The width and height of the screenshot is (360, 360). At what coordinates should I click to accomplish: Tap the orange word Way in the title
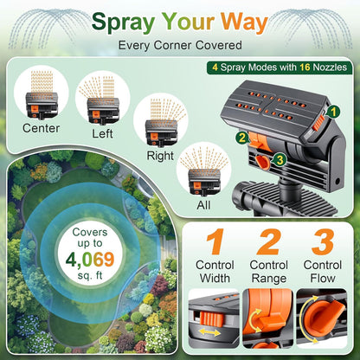tap(244, 23)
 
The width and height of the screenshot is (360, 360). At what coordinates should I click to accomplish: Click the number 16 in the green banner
tap(305, 67)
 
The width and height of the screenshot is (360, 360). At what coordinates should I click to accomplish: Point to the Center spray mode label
tap(42, 128)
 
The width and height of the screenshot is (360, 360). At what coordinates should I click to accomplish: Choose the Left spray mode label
tap(102, 133)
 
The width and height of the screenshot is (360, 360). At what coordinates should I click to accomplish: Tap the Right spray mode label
tap(160, 156)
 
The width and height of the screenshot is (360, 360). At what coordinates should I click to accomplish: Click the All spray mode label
tap(203, 205)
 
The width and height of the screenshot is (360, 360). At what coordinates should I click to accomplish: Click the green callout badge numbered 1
tap(333, 112)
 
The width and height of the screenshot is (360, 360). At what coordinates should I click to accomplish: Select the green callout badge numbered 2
tap(242, 138)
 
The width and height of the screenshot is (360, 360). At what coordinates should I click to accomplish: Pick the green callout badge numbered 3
tap(280, 160)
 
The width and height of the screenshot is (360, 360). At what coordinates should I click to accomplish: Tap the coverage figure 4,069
tap(90, 260)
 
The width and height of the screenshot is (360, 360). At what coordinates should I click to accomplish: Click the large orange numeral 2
tap(269, 241)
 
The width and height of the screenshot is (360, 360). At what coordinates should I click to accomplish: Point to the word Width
tap(215, 279)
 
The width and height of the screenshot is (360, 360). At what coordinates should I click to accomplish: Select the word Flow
tap(323, 279)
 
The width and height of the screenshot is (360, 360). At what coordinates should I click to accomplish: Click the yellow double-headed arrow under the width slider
tap(210, 332)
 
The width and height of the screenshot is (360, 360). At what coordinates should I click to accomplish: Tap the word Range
tap(269, 279)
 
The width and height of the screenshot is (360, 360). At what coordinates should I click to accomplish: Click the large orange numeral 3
tap(323, 241)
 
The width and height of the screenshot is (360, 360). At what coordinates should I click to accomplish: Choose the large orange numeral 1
tap(215, 241)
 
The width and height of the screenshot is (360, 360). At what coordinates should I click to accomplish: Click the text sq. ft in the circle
tap(90, 275)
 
